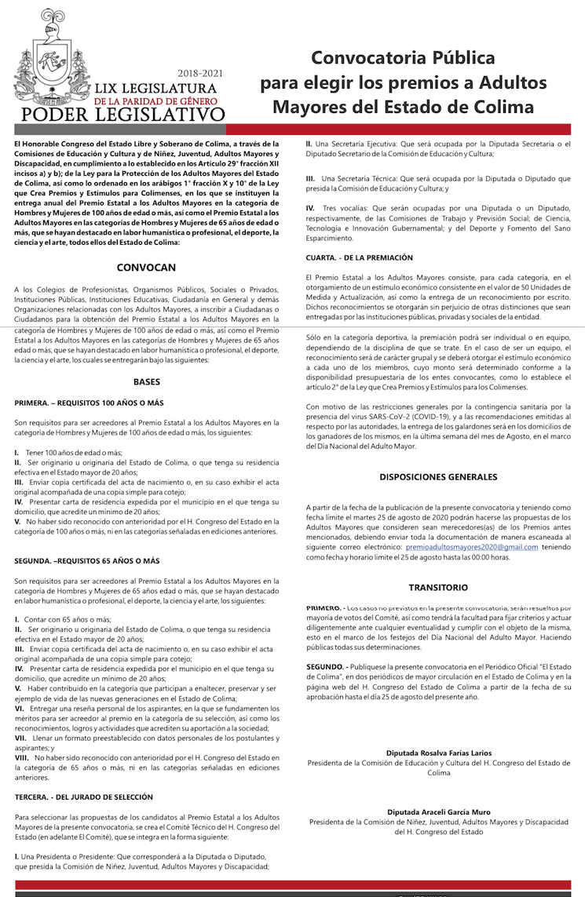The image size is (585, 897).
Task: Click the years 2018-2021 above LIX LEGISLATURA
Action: (200, 73)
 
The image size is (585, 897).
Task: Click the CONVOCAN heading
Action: (146, 267)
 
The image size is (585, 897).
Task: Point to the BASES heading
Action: (146, 382)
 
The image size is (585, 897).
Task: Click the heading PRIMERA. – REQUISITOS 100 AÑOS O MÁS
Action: (89, 403)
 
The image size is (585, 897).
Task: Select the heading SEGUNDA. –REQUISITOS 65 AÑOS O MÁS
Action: (86, 561)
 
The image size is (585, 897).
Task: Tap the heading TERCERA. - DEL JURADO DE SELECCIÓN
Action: (83, 797)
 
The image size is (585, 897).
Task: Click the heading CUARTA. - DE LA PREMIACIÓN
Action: (359, 257)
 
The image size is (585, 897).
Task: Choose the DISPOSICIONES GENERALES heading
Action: (438, 476)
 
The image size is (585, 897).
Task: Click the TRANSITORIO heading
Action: (438, 587)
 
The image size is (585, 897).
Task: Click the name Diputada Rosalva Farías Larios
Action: (438, 753)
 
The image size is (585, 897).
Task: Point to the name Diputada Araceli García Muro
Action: (438, 812)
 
